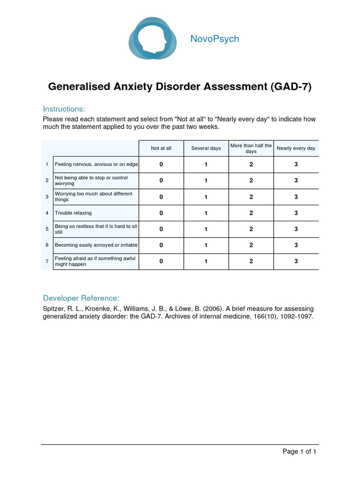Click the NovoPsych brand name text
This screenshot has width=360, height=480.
(215, 39)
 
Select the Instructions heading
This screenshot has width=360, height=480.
(64, 109)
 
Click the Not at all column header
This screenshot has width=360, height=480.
(161, 148)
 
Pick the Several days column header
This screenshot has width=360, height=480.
(206, 148)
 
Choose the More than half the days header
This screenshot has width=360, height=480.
(251, 148)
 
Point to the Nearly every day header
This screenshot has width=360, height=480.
(296, 148)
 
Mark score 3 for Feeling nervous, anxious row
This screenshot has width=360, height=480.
(296, 165)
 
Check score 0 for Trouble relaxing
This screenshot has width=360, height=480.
(161, 213)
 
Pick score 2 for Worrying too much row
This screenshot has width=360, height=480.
(251, 197)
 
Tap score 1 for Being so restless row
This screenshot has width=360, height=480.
(206, 229)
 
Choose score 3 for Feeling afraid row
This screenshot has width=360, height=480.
(296, 261)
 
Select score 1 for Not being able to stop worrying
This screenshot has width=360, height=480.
(206, 180)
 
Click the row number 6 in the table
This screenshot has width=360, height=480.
(47, 245)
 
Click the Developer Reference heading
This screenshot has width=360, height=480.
(81, 298)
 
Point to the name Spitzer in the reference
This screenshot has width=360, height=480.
(54, 309)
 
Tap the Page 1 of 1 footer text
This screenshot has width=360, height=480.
(299, 452)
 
